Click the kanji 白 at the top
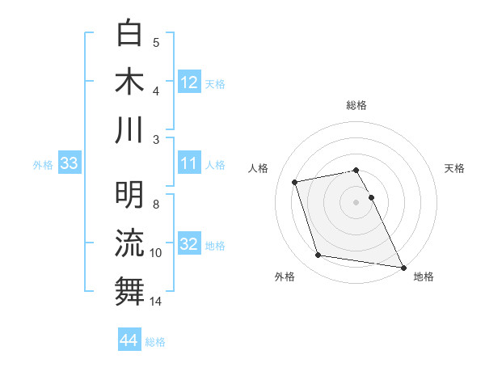[130, 33]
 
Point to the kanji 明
[130, 194]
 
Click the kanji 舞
[130, 291]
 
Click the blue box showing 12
[189, 82]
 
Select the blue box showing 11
[189, 163]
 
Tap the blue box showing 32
[189, 244]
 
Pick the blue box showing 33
[70, 164]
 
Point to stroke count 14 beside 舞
[156, 302]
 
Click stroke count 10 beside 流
[156, 253]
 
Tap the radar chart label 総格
[356, 105]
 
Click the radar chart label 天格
[454, 168]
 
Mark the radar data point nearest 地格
[403, 267]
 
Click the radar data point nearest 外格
[318, 255]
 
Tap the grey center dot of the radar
[356, 201]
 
